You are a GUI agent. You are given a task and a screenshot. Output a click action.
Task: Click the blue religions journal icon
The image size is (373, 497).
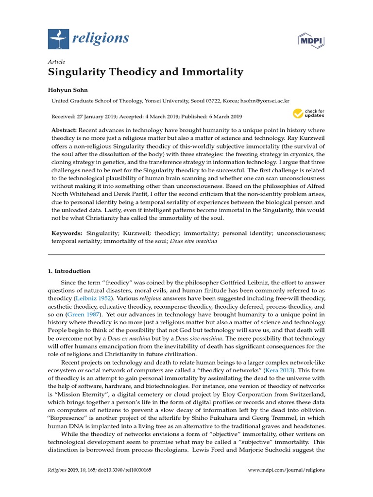[x=59, y=38]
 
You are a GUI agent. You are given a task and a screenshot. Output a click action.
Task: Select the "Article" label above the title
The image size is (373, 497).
[x=56, y=62]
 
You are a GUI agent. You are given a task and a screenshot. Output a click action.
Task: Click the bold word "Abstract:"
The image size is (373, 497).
[x=64, y=131]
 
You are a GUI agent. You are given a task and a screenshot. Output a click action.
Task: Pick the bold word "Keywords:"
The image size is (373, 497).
[x=67, y=233]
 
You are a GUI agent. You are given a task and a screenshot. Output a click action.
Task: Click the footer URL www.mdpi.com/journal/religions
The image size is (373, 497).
[x=287, y=470]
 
